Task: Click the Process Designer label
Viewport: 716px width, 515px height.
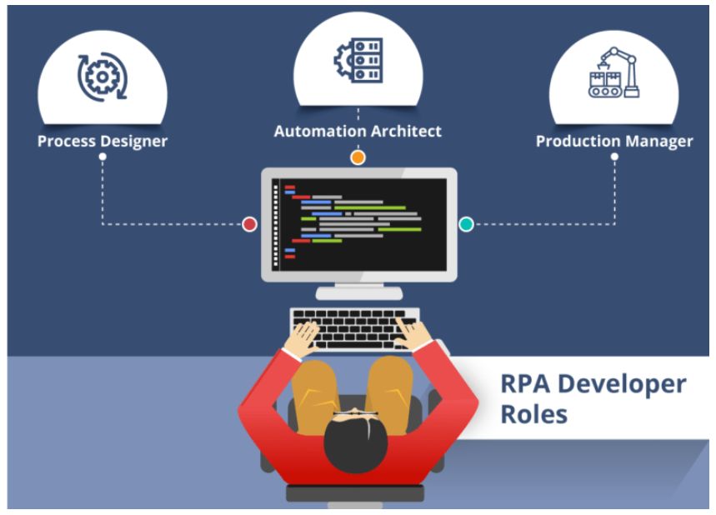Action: tap(102, 141)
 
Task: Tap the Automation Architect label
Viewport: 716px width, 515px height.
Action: tap(358, 131)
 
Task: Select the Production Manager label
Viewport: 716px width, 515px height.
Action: tap(614, 141)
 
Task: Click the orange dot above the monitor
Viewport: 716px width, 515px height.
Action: tap(358, 157)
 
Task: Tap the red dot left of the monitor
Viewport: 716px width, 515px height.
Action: tap(249, 223)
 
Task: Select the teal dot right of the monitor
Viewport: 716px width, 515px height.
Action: tap(467, 223)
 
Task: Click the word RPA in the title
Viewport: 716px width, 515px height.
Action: tap(524, 385)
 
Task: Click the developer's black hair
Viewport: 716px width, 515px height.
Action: tap(358, 442)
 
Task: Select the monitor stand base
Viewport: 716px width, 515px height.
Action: tap(358, 292)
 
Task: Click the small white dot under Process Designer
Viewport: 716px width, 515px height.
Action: tap(102, 156)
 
